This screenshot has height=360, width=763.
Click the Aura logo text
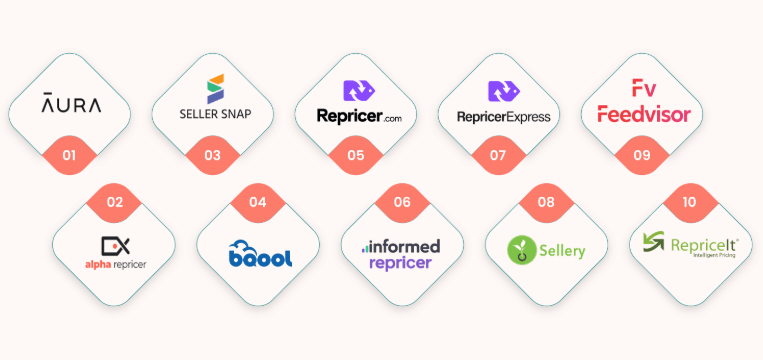tap(71, 102)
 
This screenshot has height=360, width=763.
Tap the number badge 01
tap(70, 155)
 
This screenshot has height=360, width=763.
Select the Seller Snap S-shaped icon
tap(215, 89)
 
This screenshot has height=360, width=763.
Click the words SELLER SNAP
tap(216, 114)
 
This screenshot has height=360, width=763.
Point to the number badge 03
tap(213, 155)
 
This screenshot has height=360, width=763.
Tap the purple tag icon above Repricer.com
tap(359, 90)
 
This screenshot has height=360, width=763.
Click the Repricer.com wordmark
tap(359, 116)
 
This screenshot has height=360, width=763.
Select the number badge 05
tap(356, 155)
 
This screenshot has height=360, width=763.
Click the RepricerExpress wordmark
tap(504, 117)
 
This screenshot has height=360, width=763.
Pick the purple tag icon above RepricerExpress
tap(504, 91)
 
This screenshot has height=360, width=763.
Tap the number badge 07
tap(498, 155)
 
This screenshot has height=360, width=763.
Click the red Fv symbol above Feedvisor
tap(644, 88)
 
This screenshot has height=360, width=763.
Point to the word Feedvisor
tap(644, 114)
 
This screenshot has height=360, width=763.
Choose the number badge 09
tap(642, 155)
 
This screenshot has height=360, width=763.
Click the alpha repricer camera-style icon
tap(115, 246)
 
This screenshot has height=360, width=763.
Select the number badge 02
tap(115, 202)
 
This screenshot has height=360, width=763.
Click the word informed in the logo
tap(404, 246)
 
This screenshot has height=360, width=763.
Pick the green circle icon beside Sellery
tap(521, 250)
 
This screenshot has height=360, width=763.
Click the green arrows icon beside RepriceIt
tap(654, 242)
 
